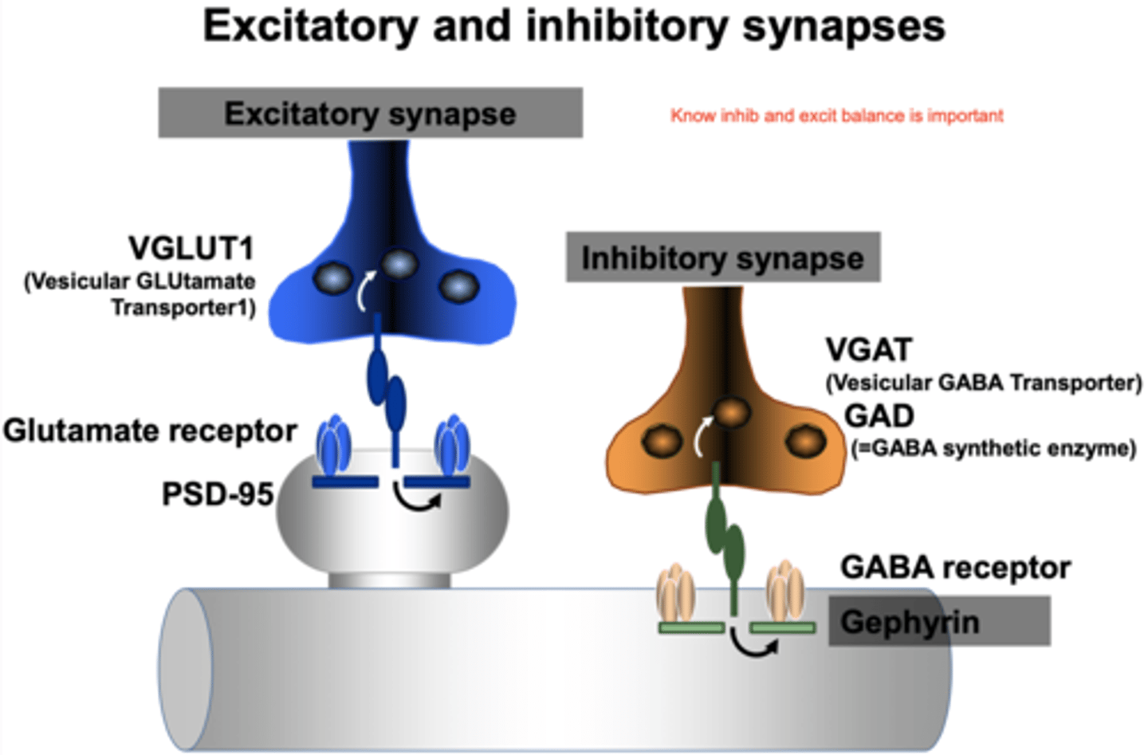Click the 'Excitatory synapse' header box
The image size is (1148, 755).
pyautogui.click(x=370, y=113)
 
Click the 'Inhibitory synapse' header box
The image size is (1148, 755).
pyautogui.click(x=722, y=258)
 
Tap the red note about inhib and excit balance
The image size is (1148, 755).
pyautogui.click(x=836, y=116)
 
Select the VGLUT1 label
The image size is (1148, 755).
pyautogui.click(x=191, y=248)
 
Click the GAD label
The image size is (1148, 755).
pyautogui.click(x=879, y=415)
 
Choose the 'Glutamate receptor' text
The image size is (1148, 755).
pyautogui.click(x=150, y=431)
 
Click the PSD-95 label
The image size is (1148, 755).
pyautogui.click(x=218, y=494)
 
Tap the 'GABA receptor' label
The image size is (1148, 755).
pyautogui.click(x=955, y=568)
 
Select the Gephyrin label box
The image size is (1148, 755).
pyautogui.click(x=938, y=622)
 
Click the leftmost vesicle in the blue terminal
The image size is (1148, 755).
pyautogui.click(x=332, y=278)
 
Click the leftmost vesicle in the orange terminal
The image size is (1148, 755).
pyautogui.click(x=662, y=441)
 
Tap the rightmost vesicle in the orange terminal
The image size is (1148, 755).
pyautogui.click(x=805, y=440)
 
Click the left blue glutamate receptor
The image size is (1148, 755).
pyautogui.click(x=334, y=446)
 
